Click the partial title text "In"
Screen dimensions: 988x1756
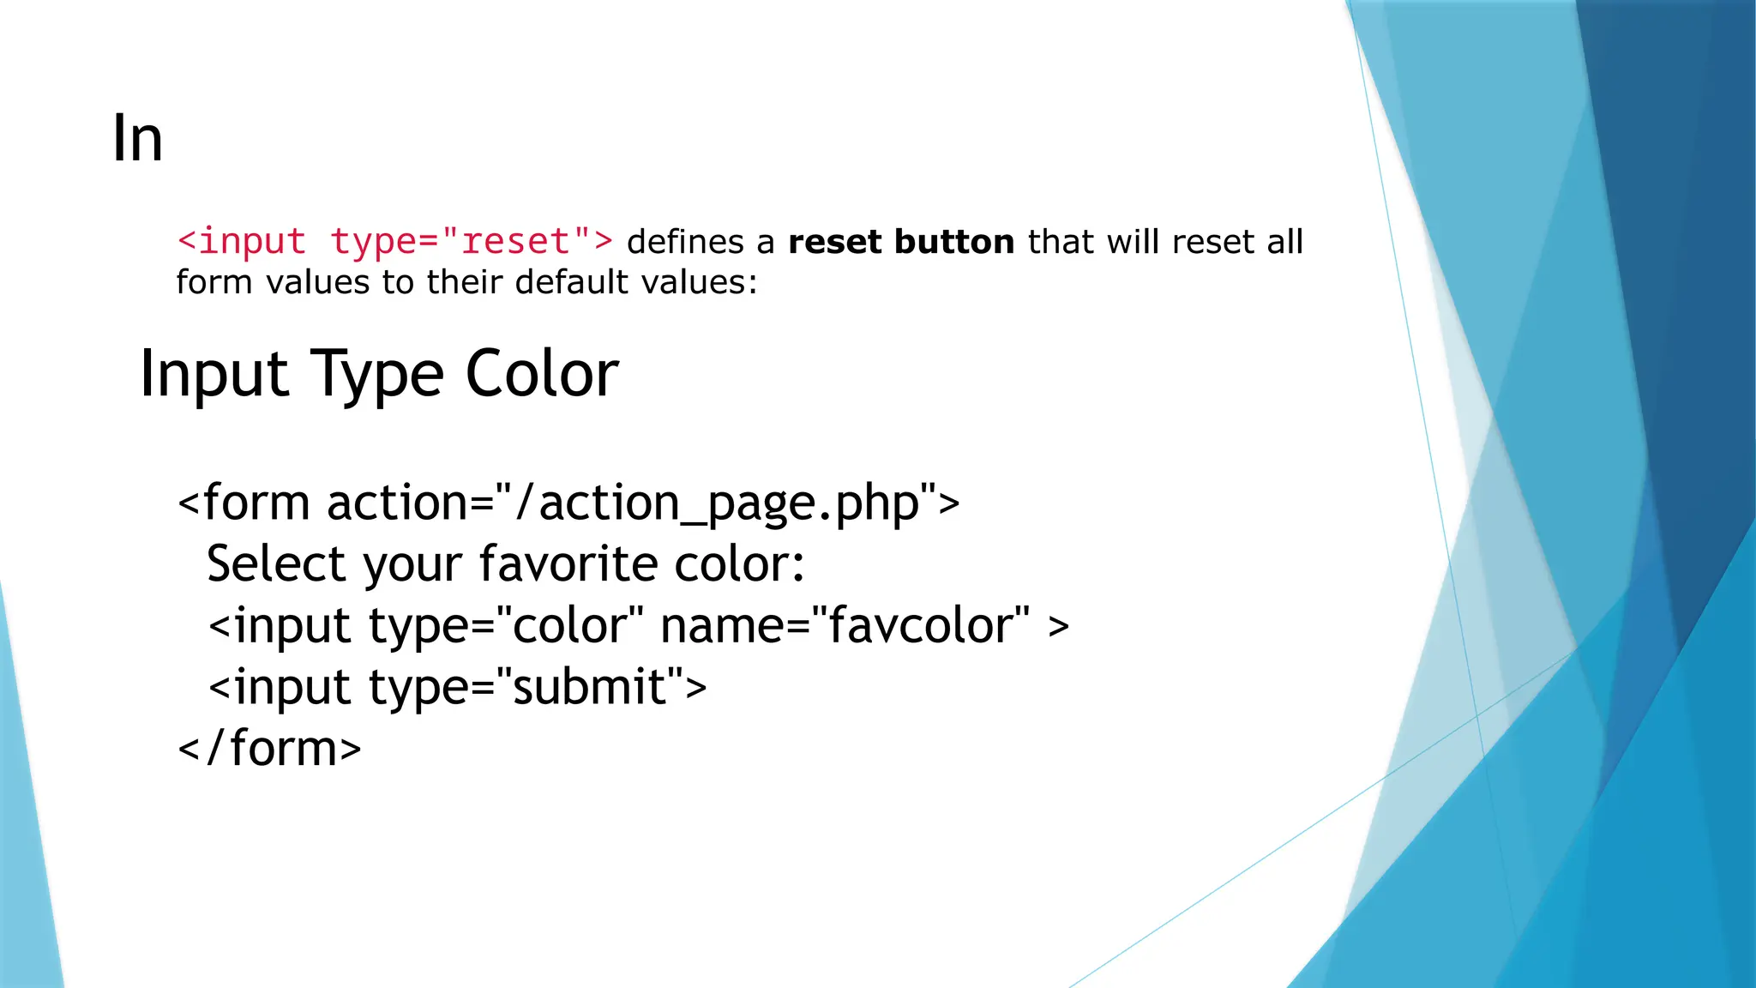coord(137,139)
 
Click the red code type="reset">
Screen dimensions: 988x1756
coord(472,242)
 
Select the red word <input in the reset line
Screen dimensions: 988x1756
coord(242,242)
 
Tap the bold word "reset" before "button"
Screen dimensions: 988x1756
coord(834,242)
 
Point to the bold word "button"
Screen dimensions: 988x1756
coord(954,242)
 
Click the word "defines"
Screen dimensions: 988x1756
coord(685,242)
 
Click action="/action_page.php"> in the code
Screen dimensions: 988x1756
coord(643,503)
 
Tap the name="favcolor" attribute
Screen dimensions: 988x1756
coord(845,626)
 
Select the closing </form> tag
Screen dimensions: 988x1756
coord(269,749)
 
